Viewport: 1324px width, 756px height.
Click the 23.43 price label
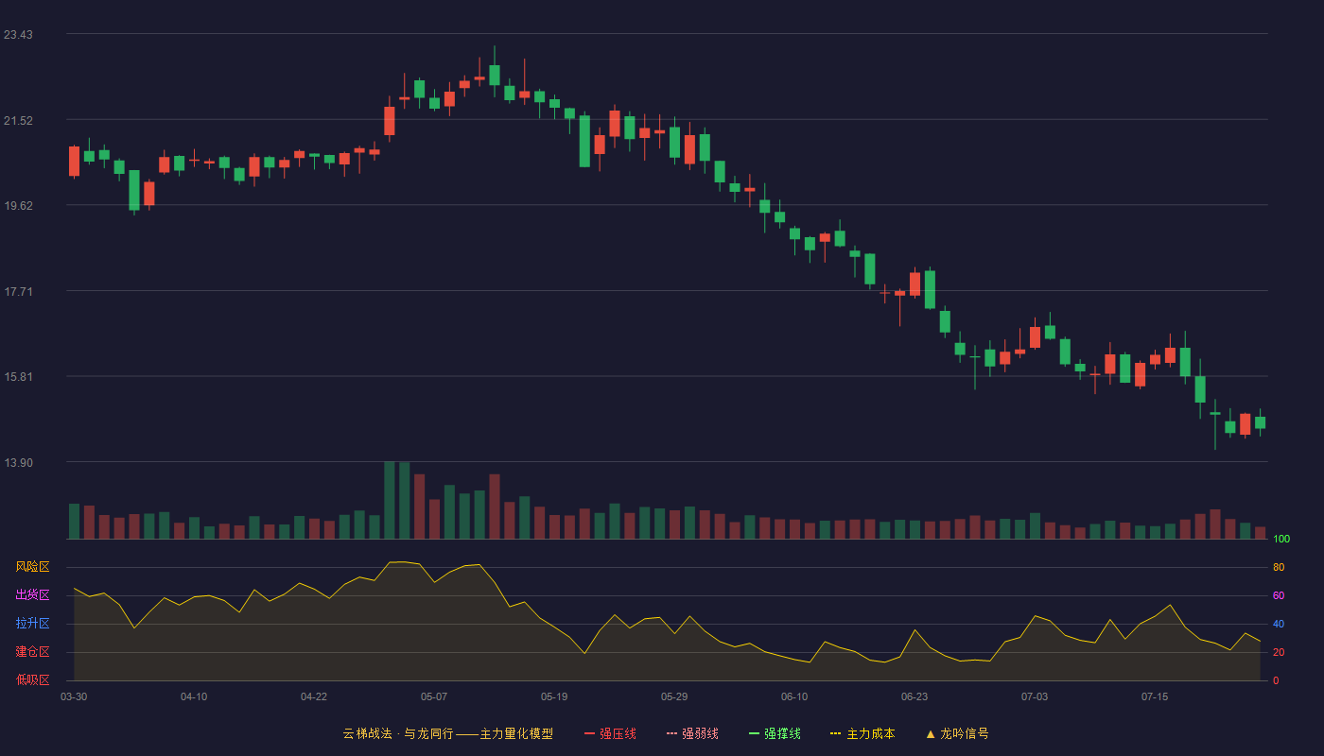pyautogui.click(x=18, y=34)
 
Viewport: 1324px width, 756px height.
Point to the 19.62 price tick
pyautogui.click(x=18, y=206)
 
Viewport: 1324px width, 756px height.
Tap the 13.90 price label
pyautogui.click(x=18, y=462)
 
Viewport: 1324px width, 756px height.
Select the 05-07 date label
pyautogui.click(x=434, y=697)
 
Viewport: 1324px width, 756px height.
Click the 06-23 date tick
pyautogui.click(x=915, y=697)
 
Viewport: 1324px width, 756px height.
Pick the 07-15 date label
pyautogui.click(x=1155, y=697)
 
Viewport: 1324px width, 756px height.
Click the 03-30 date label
pyautogui.click(x=74, y=697)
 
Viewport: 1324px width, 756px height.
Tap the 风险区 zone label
pyautogui.click(x=32, y=567)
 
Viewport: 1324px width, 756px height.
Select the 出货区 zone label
pyautogui.click(x=32, y=594)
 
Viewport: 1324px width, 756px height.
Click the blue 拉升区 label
pyautogui.click(x=32, y=623)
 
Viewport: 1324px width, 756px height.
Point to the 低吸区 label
pyautogui.click(x=32, y=679)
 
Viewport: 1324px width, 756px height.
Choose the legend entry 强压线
pyautogui.click(x=610, y=733)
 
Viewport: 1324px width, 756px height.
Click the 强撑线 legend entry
pyautogui.click(x=775, y=733)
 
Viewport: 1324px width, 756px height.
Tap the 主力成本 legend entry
pyautogui.click(x=862, y=733)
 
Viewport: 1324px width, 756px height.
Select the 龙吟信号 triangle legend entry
pyautogui.click(x=957, y=733)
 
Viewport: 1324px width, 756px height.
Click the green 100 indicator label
pyautogui.click(x=1281, y=539)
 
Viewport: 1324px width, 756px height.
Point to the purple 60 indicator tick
pyautogui.click(x=1279, y=595)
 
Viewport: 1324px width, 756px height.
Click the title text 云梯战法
pyautogui.click(x=367, y=733)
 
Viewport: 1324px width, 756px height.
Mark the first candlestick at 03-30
pyautogui.click(x=74, y=162)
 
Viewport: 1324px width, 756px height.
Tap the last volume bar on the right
pyautogui.click(x=1260, y=533)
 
